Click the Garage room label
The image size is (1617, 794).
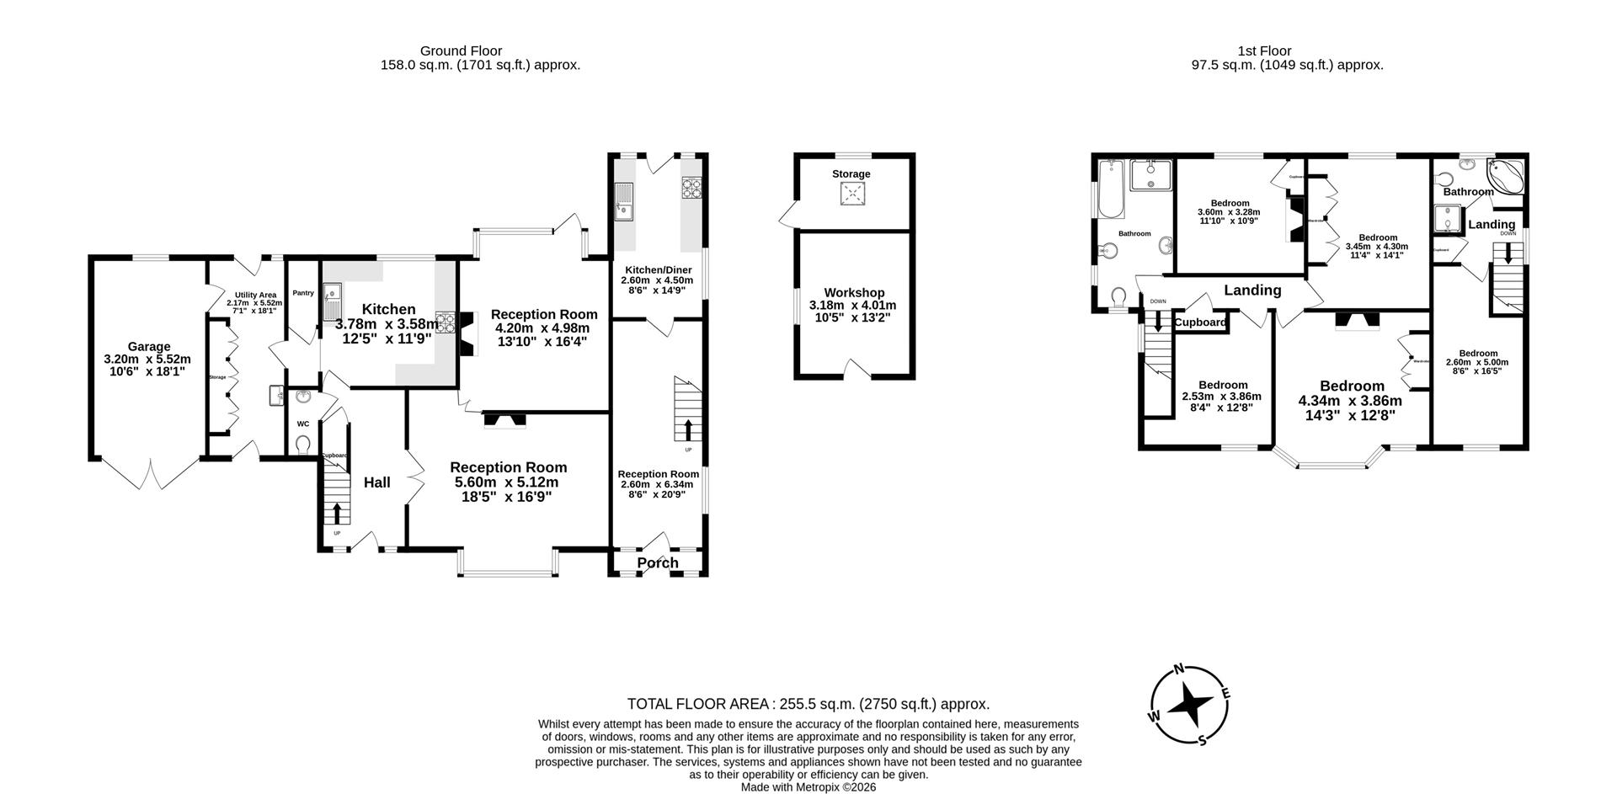(x=148, y=346)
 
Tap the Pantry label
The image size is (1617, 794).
(x=303, y=293)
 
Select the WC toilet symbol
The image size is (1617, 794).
(x=303, y=444)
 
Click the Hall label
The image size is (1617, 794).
(x=376, y=482)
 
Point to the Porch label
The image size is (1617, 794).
(x=658, y=563)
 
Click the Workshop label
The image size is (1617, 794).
(x=854, y=293)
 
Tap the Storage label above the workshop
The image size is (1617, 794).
(x=851, y=174)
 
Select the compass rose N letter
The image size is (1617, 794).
(x=1180, y=669)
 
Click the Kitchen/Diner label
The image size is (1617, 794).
(x=658, y=270)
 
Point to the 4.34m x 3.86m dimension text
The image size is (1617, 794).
(x=1350, y=401)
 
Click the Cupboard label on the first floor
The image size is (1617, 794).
(x=1200, y=322)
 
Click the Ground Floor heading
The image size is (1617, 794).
(x=461, y=51)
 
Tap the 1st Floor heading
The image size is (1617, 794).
(x=1264, y=51)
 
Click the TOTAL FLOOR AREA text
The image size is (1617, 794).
(x=808, y=704)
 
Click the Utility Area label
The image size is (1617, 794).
(x=255, y=295)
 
